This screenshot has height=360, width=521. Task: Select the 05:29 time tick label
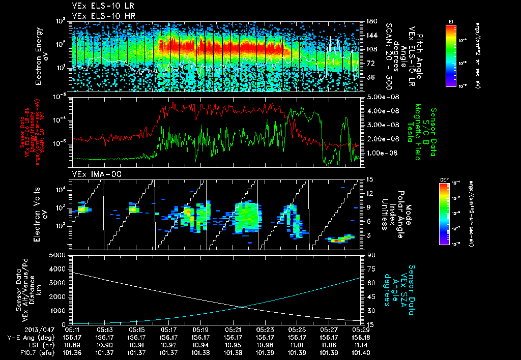coord(354,329)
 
